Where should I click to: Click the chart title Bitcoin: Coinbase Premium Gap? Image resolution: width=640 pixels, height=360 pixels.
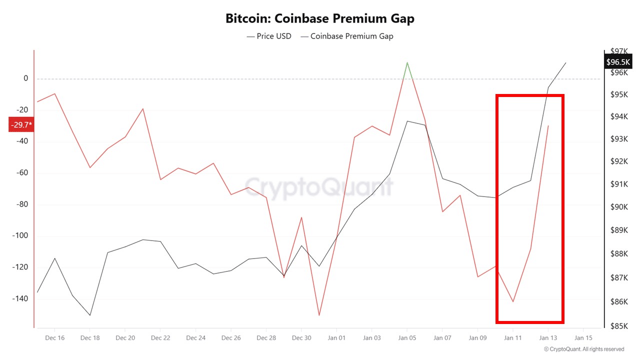[x=320, y=19]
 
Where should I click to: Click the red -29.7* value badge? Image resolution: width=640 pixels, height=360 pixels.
[x=21, y=124]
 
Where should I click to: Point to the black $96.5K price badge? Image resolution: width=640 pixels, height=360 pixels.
[x=617, y=62]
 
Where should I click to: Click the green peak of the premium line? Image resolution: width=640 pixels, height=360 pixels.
[x=407, y=63]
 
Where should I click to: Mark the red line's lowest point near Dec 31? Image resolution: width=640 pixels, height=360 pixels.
[x=319, y=315]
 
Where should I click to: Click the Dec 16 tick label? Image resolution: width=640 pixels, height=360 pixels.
[x=54, y=338]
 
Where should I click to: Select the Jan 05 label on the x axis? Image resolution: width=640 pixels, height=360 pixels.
[x=407, y=338]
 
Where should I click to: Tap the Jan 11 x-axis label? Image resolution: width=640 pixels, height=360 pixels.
[x=512, y=338]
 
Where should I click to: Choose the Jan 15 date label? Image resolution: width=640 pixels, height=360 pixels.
[x=583, y=338]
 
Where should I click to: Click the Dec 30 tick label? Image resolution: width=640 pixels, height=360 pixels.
[x=301, y=338]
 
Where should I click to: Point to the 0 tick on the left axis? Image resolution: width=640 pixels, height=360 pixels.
[x=25, y=78]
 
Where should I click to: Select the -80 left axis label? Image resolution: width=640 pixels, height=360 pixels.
[x=22, y=204]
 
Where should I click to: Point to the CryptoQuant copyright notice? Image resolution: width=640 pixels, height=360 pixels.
[x=584, y=349]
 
